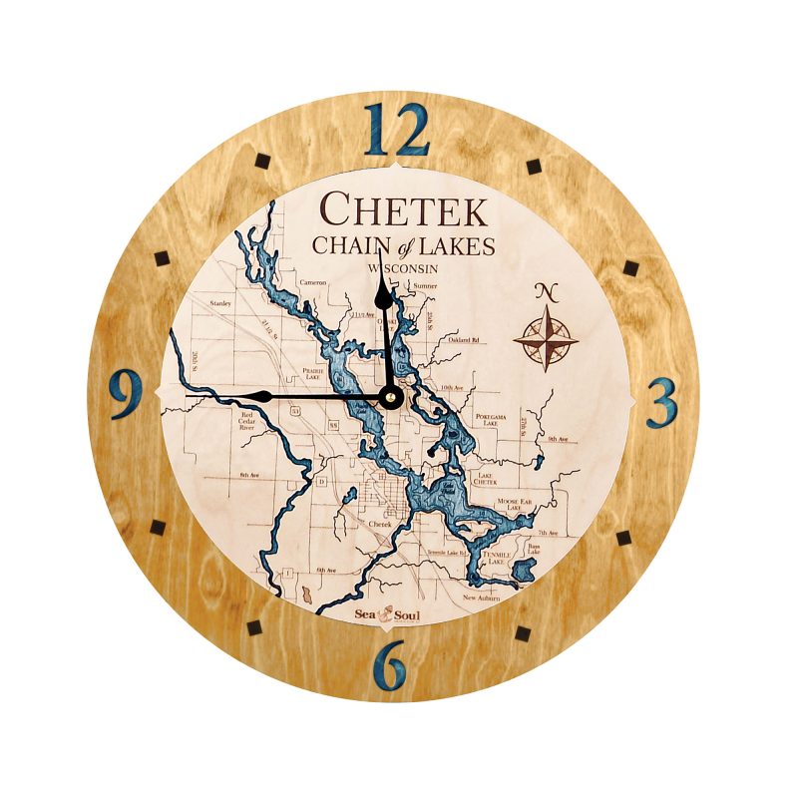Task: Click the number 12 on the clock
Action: pyautogui.click(x=396, y=130)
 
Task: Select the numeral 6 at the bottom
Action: pyautogui.click(x=394, y=662)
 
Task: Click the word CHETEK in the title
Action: pyautogui.click(x=403, y=210)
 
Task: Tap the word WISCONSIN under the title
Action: pyautogui.click(x=404, y=268)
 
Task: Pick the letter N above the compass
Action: pyautogui.click(x=545, y=292)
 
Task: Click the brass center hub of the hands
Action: pyautogui.click(x=390, y=397)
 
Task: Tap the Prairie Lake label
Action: pyautogui.click(x=311, y=374)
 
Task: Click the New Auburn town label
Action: pyautogui.click(x=483, y=598)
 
